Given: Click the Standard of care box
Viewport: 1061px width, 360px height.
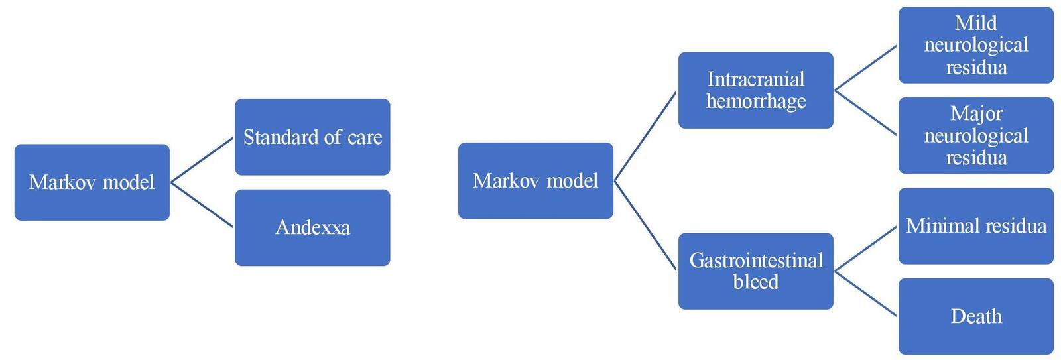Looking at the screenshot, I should coord(312,137).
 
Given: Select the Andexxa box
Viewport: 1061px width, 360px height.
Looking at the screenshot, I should coord(312,227).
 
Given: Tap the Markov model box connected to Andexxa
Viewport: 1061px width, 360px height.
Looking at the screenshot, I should coord(92,182).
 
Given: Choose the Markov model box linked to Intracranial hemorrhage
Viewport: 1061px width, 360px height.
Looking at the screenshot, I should coord(535,180).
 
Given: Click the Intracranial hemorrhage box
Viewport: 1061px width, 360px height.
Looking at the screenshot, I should coord(755,90).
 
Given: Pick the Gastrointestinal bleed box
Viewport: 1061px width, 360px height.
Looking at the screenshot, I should coord(755,270).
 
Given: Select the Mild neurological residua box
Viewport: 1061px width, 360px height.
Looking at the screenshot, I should coord(975,45).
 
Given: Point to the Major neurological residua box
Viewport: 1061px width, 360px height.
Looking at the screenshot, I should coord(975,135).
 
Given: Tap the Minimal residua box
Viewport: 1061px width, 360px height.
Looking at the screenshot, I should coord(975,226).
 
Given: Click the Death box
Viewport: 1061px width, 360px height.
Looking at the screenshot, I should coord(975,316).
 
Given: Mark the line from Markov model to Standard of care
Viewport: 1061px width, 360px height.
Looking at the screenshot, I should coord(202,160).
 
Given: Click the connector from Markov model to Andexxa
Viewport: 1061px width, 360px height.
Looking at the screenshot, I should coord(202,205).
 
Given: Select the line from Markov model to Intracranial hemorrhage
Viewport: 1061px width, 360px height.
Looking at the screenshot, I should coord(645,136).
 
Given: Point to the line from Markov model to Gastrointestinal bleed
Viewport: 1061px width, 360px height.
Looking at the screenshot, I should coord(645,225).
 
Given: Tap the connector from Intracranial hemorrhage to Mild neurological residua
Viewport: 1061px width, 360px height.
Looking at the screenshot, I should coord(865,68).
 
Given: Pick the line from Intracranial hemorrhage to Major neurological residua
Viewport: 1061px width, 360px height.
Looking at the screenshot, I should coord(865,113).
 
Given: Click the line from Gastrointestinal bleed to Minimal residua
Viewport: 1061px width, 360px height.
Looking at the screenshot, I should coord(865,249).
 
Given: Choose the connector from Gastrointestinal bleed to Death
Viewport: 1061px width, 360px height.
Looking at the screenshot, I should coord(865,293).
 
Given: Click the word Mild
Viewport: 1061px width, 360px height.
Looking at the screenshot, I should coord(975,23).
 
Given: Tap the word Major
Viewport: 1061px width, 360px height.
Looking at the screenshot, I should coord(975,113).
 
